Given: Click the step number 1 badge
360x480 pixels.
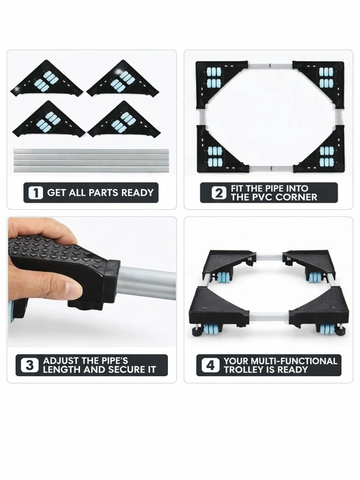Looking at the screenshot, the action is coord(35,193).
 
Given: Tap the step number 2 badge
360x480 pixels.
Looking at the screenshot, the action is coord(218,193).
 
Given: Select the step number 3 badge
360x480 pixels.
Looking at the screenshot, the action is coord(29,365).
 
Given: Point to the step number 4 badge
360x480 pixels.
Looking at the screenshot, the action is coord(211,365).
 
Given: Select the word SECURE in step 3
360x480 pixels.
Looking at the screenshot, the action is coord(126,370).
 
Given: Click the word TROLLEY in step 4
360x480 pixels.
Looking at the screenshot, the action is coord(242,370).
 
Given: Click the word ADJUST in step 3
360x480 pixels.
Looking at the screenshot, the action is coord(58,361).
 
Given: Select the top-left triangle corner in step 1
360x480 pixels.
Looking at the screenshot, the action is coord(47,78).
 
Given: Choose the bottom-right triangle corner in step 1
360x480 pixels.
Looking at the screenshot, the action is coord(124,120).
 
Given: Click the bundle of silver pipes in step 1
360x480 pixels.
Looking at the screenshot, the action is coord(91,161).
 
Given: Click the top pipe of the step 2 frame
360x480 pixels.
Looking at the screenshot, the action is coord(270,65).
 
